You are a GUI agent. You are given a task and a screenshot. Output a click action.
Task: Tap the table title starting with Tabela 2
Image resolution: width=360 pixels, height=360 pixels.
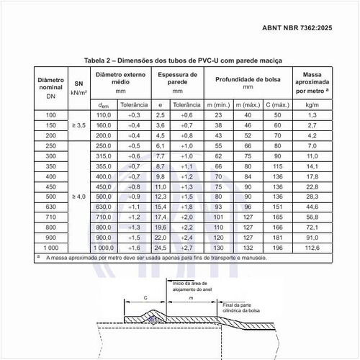coord(184,60)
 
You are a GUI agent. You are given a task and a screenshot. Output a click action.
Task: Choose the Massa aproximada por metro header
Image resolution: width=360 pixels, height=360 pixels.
coord(312,83)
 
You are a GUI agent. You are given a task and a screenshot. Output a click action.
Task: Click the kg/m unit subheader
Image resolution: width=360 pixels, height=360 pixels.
coord(312,104)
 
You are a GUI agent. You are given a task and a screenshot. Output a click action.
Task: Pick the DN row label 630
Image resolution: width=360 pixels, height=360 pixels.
coord(50,206)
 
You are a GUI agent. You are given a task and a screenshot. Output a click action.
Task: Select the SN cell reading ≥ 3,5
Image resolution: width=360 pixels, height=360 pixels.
coord(79,125)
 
